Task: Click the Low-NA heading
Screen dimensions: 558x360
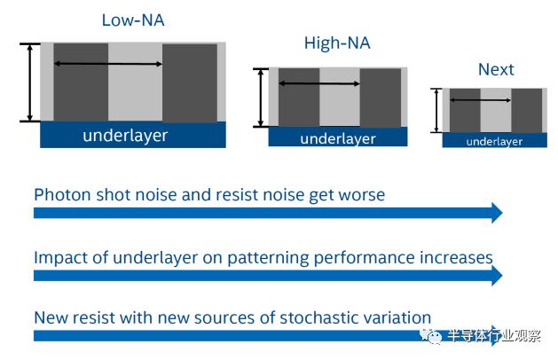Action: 133,20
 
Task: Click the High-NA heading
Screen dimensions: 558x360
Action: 337,43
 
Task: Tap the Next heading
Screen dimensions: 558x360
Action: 496,69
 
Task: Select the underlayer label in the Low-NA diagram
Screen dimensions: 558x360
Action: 125,136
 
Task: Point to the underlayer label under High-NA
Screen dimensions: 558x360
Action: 338,138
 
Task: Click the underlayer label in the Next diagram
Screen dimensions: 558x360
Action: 494,142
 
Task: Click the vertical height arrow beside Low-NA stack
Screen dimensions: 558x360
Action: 30,82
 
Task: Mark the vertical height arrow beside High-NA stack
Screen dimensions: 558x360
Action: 261,98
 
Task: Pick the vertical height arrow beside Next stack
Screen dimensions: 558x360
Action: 436,110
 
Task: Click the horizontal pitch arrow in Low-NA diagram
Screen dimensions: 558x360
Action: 108,64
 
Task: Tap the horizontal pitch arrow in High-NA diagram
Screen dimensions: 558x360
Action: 319,83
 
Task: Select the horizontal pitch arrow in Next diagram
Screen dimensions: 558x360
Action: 481,100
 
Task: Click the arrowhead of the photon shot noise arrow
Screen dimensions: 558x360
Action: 497,213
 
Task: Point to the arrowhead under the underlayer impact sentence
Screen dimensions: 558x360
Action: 497,276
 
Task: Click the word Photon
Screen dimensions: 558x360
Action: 62,195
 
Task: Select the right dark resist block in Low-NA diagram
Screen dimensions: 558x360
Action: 190,82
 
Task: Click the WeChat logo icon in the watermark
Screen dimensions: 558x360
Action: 430,335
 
